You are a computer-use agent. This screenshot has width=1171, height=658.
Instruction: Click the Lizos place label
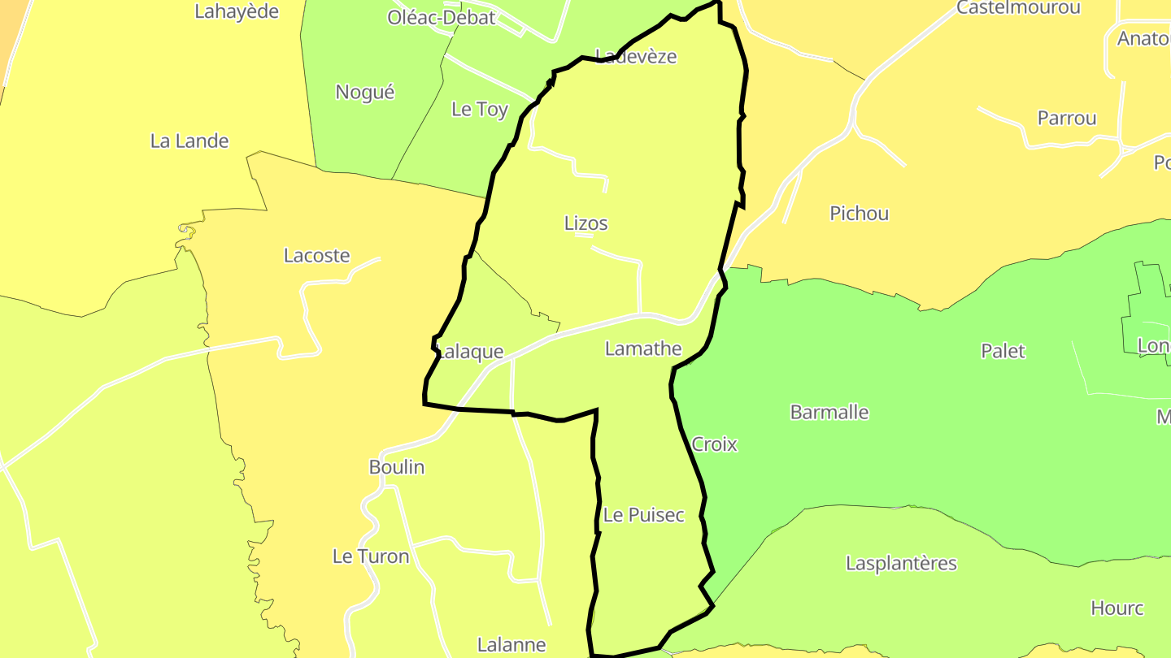[585, 223]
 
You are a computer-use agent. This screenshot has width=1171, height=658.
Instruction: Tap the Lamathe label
[643, 349]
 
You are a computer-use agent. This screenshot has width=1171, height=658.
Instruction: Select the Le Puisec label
[644, 515]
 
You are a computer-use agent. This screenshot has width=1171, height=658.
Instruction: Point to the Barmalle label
[829, 412]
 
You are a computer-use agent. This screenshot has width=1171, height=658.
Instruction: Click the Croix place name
[714, 444]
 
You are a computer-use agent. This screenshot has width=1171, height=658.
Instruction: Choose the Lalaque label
[471, 353]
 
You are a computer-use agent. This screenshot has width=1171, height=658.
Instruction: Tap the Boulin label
[397, 467]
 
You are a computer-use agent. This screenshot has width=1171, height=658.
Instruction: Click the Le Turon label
[371, 556]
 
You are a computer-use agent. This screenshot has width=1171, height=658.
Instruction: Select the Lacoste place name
[316, 256]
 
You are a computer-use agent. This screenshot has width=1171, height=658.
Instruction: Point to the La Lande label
[189, 141]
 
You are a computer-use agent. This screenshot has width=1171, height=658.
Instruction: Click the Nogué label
[365, 93]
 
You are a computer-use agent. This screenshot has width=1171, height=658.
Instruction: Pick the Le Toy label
[480, 110]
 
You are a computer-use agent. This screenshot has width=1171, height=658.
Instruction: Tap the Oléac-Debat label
[442, 18]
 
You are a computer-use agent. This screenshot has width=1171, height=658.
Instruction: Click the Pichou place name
[859, 214]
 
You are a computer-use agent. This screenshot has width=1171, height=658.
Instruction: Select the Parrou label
[1067, 119]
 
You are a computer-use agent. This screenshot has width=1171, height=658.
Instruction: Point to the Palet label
[1003, 351]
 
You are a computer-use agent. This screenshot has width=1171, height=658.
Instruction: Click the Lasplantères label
[901, 564]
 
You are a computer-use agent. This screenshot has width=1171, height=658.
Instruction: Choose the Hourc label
[1117, 608]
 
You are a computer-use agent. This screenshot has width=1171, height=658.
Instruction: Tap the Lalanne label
[511, 645]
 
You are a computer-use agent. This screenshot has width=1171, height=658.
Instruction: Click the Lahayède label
[237, 11]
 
